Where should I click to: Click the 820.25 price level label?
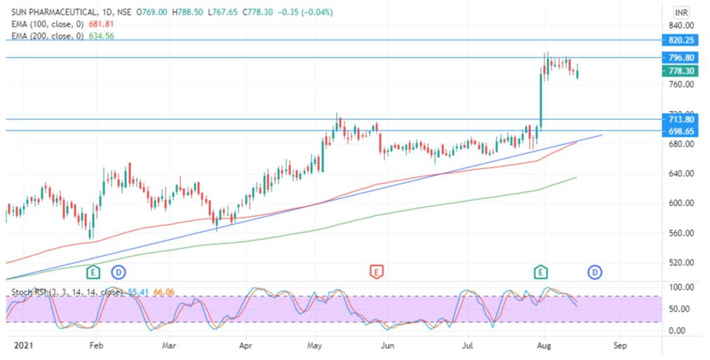tap(681, 40)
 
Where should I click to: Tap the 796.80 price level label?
tap(681, 58)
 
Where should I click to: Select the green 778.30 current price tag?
tap(681, 71)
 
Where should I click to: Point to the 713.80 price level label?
tap(681, 120)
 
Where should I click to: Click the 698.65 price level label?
tap(681, 131)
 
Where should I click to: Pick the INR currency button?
tap(681, 13)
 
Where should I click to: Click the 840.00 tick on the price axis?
tap(680, 25)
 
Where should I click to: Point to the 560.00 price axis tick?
tap(680, 233)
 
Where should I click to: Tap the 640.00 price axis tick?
tap(680, 173)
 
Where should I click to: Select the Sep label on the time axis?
tap(618, 346)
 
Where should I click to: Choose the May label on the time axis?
tap(315, 346)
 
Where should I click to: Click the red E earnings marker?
tap(377, 271)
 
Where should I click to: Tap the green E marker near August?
tap(540, 271)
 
